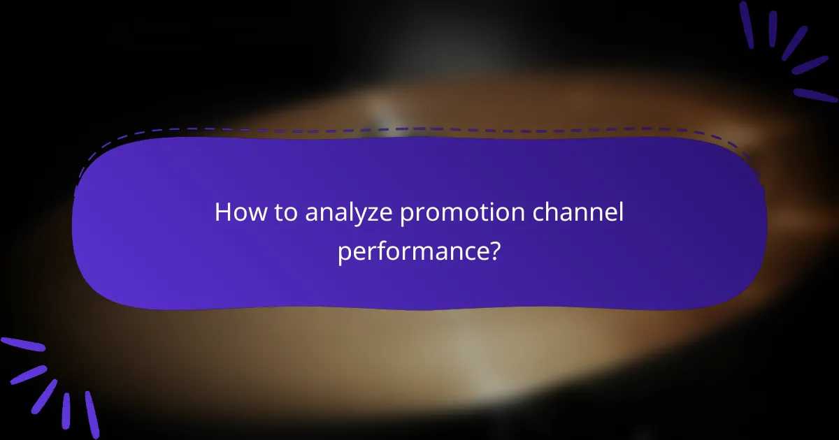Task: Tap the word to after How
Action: [285, 212]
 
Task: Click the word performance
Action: [413, 251]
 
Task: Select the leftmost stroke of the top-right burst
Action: [747, 24]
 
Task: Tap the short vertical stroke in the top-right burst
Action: [773, 28]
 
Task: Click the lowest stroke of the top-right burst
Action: [815, 94]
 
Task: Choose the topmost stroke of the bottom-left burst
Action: [22, 344]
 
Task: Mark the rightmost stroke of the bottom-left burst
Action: [92, 414]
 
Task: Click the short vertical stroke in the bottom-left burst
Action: [66, 410]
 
